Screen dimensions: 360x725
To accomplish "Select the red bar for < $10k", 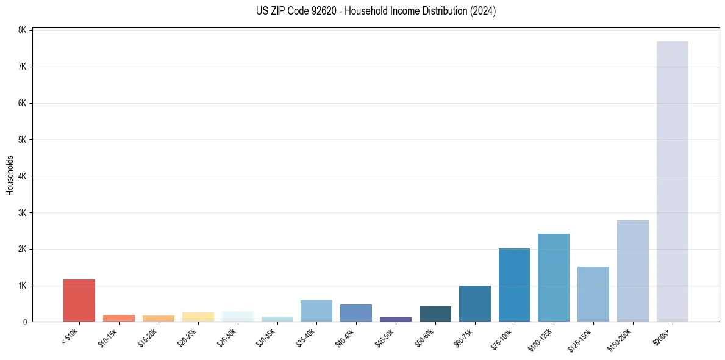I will coord(79,300).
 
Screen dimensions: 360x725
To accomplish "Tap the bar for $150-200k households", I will coord(632,271).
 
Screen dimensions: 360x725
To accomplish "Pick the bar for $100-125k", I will coord(554,278).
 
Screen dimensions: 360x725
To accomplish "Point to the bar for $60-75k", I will coord(474,303).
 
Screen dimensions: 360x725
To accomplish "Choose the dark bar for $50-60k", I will coord(435,314).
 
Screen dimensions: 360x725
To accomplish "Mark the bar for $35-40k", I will coord(316,311).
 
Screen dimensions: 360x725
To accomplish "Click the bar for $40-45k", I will coord(356,312).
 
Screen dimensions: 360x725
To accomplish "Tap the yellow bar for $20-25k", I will coord(198,317).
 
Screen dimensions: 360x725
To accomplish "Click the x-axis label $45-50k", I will coord(388,336).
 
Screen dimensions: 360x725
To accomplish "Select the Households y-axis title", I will coord(10,175).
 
